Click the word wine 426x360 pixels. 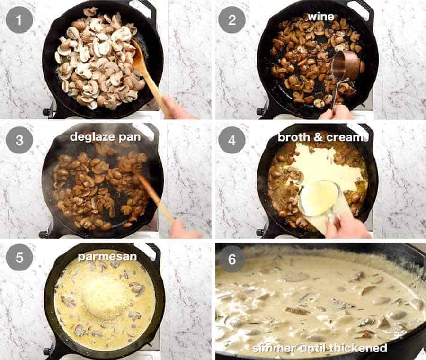tap(321, 17)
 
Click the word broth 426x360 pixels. tap(293, 137)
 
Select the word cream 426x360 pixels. tap(345, 137)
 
